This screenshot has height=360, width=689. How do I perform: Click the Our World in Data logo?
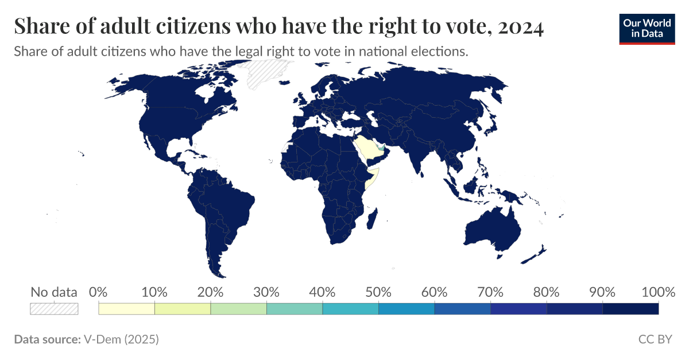point(647,28)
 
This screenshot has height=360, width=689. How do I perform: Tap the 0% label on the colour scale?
point(99,292)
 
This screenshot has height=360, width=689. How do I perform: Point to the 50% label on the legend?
point(378,292)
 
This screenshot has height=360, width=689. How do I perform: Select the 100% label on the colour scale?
point(658,292)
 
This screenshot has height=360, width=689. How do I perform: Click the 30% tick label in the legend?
point(266,292)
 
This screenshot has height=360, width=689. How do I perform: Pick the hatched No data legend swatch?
point(54,309)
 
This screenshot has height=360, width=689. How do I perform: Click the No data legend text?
point(54,292)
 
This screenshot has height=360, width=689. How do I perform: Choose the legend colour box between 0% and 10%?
point(127,309)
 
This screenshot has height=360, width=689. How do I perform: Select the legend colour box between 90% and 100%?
point(630,309)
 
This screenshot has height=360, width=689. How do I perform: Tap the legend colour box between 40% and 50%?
point(350,309)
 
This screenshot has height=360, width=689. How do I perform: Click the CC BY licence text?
point(655,339)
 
